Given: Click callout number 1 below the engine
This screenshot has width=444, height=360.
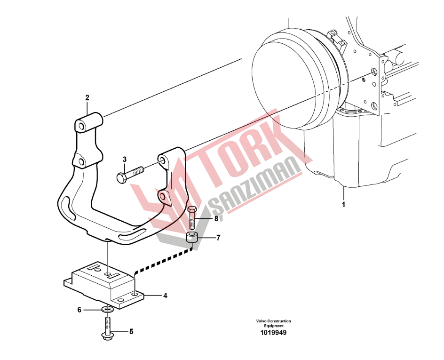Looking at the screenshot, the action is pyautogui.click(x=344, y=205).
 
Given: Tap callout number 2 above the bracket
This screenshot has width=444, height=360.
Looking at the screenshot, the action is pyautogui.click(x=87, y=98).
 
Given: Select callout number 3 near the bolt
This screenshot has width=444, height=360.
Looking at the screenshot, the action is pyautogui.click(x=125, y=160).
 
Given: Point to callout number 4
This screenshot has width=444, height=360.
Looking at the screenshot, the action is pyautogui.click(x=166, y=296).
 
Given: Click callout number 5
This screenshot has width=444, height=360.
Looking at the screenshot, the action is pyautogui.click(x=131, y=331).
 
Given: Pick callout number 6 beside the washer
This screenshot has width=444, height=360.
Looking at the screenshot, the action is pyautogui.click(x=79, y=310).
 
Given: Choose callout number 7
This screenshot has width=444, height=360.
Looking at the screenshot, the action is pyautogui.click(x=218, y=238).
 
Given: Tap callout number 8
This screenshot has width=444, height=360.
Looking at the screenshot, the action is pyautogui.click(x=216, y=219).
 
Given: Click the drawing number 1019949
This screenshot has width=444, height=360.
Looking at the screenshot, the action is pyautogui.click(x=274, y=333).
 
